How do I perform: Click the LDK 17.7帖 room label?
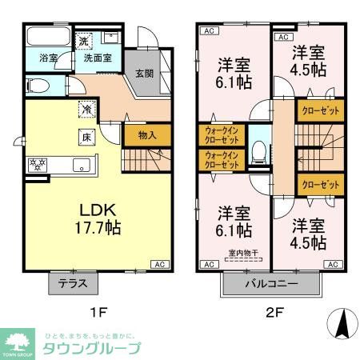coord(99,218)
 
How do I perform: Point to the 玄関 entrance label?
coord(144,74)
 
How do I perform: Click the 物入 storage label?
coord(146,136)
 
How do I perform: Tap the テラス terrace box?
coord(73,282)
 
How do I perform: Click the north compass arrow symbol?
coord(341,324)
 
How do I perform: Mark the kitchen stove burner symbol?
coord(37,165)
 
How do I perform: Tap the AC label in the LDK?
coord(159,264)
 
